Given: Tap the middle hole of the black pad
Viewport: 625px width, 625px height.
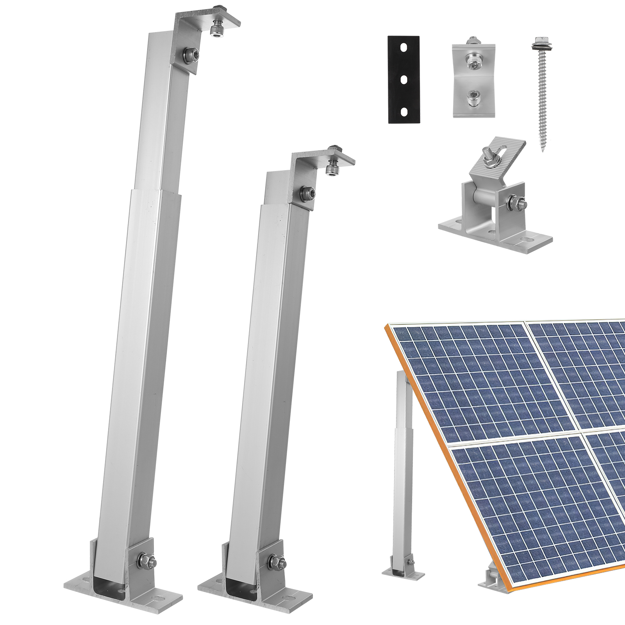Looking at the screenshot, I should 403,79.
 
